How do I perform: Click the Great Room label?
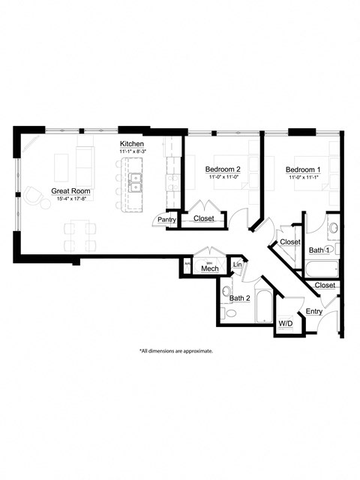(70, 191)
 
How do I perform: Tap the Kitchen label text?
(131, 144)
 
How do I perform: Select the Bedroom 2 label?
(223, 169)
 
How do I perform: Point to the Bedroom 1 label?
(303, 169)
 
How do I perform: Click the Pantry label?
(166, 220)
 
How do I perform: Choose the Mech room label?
(209, 268)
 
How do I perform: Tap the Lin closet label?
(238, 265)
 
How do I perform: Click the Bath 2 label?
(239, 298)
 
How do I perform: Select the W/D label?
(286, 323)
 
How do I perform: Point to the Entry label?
(314, 311)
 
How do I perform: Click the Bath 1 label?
(319, 249)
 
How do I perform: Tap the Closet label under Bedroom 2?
(203, 218)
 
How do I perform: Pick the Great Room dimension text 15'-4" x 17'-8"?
(70, 199)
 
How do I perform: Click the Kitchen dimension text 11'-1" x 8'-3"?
(131, 151)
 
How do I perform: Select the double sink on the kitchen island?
(136, 181)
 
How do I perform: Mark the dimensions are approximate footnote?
(176, 350)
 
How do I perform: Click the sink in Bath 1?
(333, 227)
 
